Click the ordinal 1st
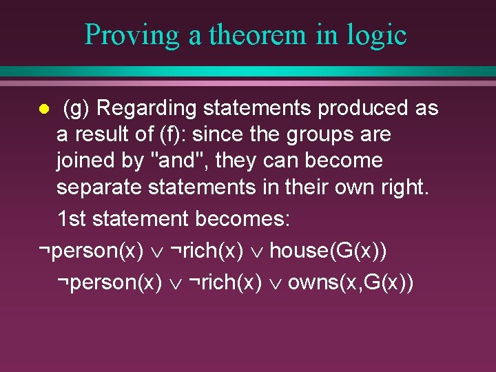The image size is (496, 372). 72,220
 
